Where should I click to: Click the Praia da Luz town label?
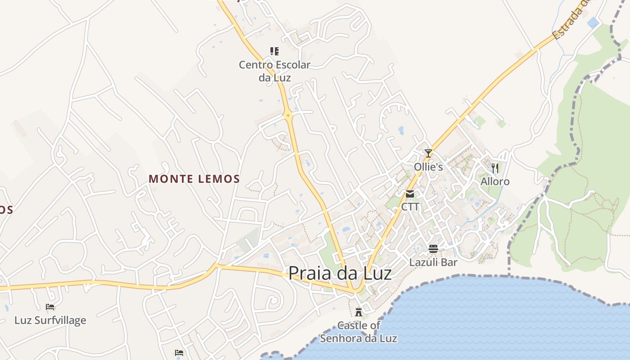tap(340, 273)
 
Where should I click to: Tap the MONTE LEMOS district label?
tap(194, 179)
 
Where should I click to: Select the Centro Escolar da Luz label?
tap(274, 71)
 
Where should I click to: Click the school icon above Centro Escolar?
tap(274, 51)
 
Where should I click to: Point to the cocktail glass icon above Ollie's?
tap(428, 153)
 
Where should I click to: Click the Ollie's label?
tap(428, 167)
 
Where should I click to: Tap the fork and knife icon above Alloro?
tap(495, 168)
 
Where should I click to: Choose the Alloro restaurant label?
tap(495, 181)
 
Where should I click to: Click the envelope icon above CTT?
tap(410, 194)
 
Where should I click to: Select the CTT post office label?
tap(410, 207)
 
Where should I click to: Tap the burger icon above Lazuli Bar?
tap(433, 249)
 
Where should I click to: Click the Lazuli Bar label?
tap(433, 262)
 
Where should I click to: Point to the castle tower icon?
tap(359, 311)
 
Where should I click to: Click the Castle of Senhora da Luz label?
tap(359, 332)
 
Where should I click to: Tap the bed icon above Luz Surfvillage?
tap(50, 307)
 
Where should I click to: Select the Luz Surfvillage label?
tap(50, 320)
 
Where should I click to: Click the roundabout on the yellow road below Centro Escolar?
tap(288, 115)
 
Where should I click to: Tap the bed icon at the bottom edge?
tap(179, 352)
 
